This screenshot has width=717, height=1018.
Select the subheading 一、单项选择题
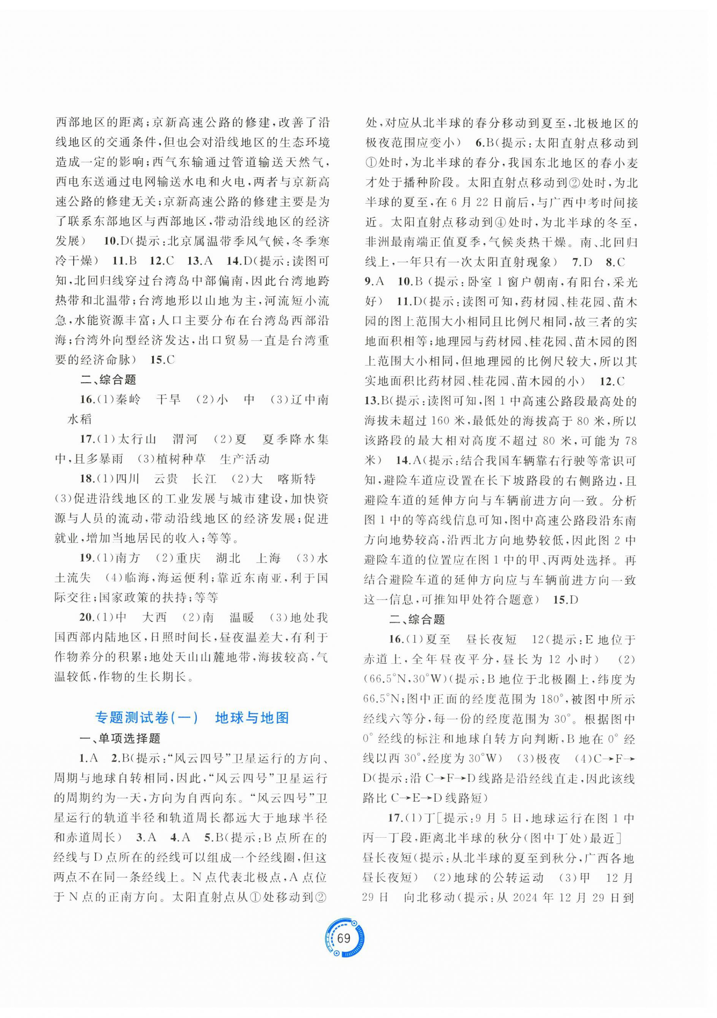[x=120, y=739]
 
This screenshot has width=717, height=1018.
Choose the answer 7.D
[x=582, y=262]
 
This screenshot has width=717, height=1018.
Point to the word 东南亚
[x=261, y=578]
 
